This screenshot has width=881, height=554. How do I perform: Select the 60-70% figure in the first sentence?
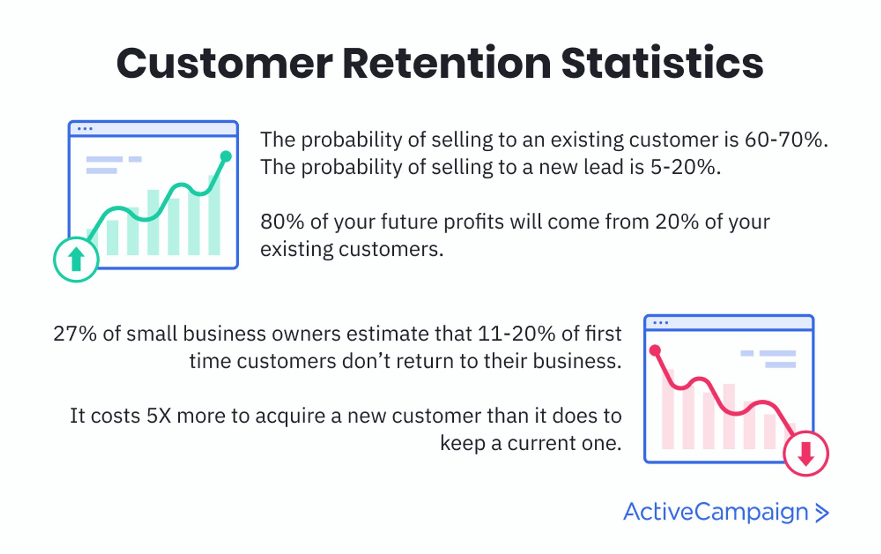pos(783,140)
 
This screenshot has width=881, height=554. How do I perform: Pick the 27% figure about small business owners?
pos(74,334)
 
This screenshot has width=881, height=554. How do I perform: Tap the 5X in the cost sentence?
pos(158,416)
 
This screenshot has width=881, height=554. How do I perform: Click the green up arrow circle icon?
pos(76,260)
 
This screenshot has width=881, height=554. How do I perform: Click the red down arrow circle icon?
pos(805,454)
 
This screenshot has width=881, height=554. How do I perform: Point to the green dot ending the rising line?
pos(226,157)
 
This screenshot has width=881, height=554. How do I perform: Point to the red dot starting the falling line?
pos(655,351)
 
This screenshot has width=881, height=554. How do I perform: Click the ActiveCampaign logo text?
pos(715,512)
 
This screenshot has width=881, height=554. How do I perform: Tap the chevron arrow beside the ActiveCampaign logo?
pos(822,513)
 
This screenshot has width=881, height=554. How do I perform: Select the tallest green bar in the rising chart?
pos(214,216)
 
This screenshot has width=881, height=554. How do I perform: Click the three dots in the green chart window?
pos(85,129)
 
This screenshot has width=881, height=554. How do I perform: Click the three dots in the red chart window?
pos(660,323)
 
